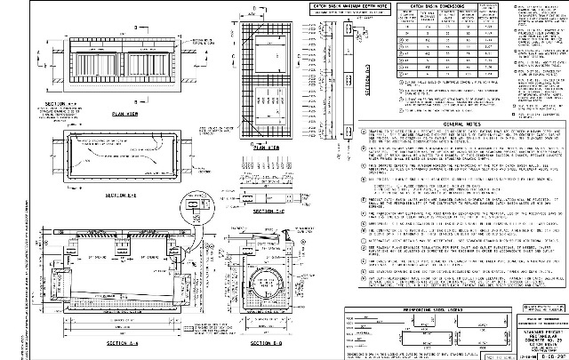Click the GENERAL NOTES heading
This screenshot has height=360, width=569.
pyautogui.click(x=438, y=124)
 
